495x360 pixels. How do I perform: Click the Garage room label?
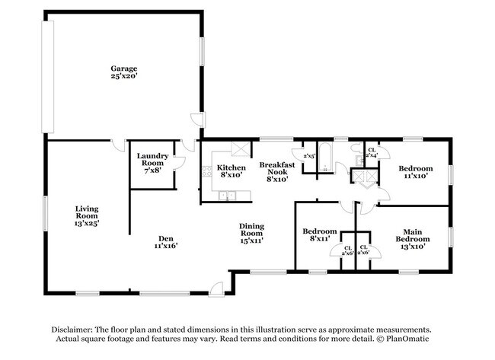point(123,73)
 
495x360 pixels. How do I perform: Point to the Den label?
point(165,241)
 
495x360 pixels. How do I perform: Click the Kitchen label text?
point(232,171)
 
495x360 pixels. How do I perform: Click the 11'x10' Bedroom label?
point(416,172)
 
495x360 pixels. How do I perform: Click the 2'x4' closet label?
point(372,153)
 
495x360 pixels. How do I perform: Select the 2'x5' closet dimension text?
point(309,157)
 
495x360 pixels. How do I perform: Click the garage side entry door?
point(197,121)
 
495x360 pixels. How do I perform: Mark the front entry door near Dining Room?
point(218,288)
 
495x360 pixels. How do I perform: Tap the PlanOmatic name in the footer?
point(411,338)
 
